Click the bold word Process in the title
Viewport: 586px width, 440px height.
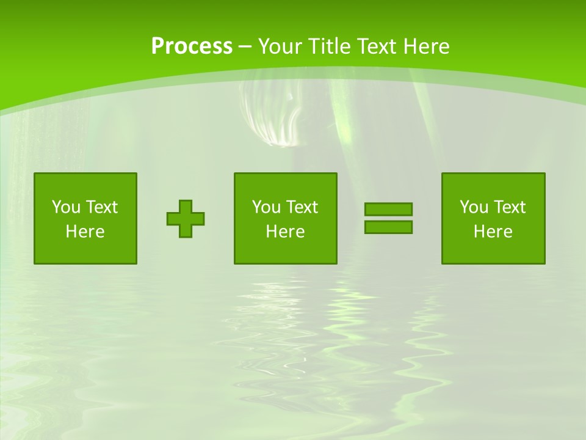[x=192, y=46]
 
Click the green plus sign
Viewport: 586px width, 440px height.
[x=186, y=219]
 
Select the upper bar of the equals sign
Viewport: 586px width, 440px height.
[x=388, y=210]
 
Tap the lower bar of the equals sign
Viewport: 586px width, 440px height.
[x=388, y=227]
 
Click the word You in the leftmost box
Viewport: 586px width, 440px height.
[x=66, y=207]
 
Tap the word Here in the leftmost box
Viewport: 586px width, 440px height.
[x=85, y=232]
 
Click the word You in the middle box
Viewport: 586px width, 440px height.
[x=266, y=207]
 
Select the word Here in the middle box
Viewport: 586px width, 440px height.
[x=286, y=232]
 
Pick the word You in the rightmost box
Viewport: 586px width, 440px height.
[x=474, y=207]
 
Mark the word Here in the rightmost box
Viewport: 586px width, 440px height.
[x=493, y=232]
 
